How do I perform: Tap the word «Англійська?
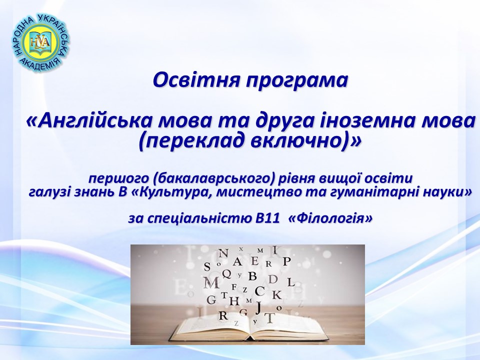89,121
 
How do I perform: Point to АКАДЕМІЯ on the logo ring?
40,65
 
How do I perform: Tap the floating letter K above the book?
276,295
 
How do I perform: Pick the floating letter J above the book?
258,308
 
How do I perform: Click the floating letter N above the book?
224,253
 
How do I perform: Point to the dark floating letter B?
252,276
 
